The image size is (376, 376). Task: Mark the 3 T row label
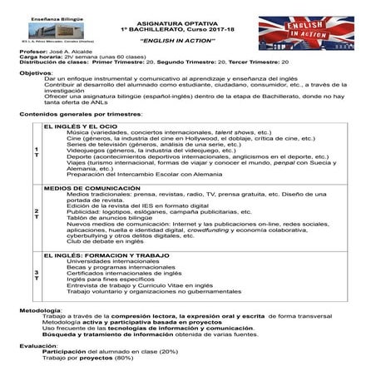click(x=37, y=275)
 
